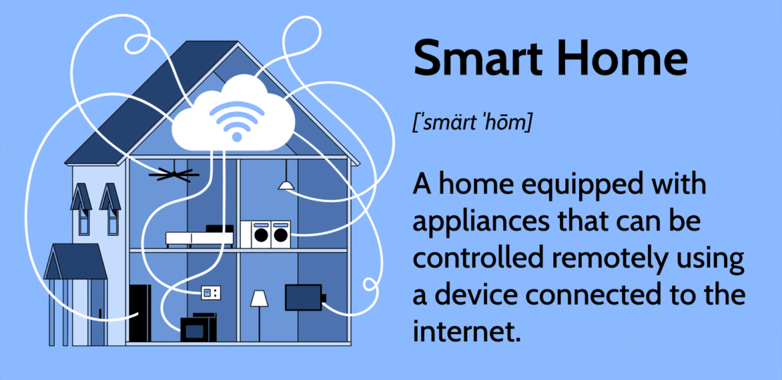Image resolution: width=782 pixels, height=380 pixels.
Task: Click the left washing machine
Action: point(260,233)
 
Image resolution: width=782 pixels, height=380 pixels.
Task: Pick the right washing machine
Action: point(281,233)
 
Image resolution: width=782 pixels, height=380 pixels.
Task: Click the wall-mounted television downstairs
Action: point(304,297)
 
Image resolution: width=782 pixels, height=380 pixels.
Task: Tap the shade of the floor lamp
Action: point(259,299)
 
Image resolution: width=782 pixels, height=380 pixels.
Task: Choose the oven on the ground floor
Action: point(198,328)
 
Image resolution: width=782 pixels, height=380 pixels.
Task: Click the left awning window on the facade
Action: point(82,207)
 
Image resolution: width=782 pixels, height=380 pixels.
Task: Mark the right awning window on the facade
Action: point(110,207)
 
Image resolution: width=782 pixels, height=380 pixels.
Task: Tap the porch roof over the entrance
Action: point(75,262)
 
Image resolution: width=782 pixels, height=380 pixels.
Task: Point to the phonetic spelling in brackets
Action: point(472,124)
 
